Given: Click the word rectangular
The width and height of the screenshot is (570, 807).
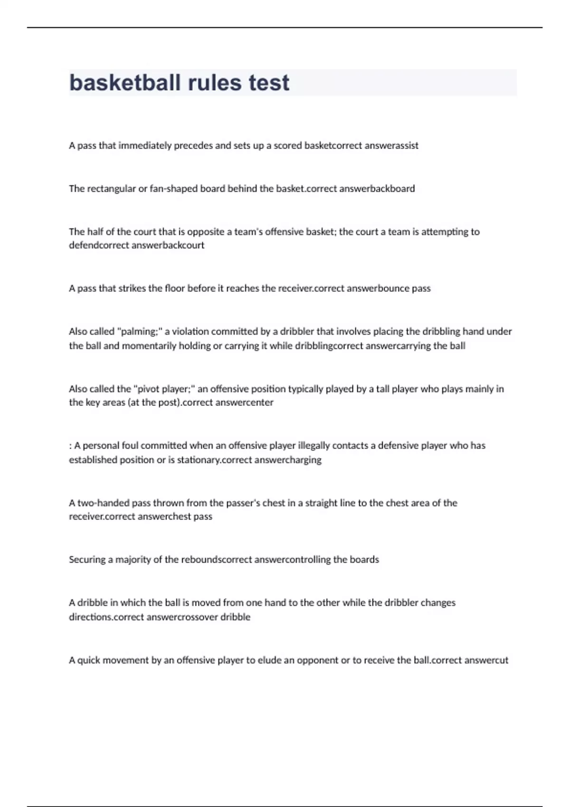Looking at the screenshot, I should [111, 189].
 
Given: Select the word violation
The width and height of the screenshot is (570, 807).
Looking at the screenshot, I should [191, 331].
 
